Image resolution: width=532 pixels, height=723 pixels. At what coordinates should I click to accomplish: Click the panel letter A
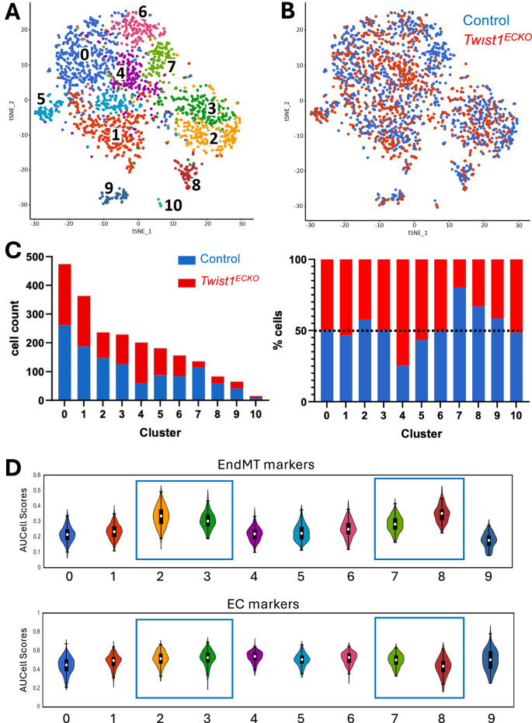pos(12,12)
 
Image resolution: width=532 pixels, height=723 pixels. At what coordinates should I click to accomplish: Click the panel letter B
pos(287,12)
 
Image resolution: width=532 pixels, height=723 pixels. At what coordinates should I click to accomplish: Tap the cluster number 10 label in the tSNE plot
pos(172,205)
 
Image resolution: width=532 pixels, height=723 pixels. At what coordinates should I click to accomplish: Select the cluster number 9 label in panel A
pos(109,188)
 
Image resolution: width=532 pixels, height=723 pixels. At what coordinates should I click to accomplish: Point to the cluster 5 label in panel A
pos(29,99)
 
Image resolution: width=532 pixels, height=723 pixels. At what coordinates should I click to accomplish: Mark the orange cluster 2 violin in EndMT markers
pos(161,517)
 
